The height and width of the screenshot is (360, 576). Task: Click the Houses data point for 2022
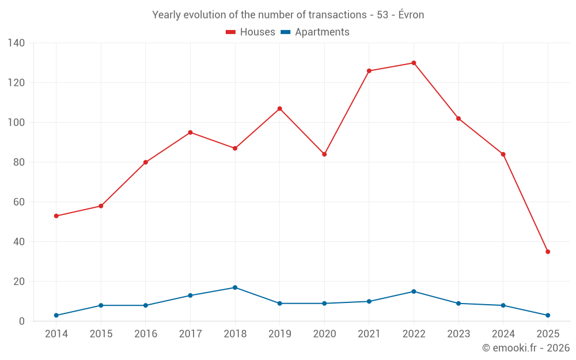pos(414,63)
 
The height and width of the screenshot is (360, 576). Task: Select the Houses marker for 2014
pos(56,216)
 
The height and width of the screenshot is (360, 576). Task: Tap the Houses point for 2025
pos(548,252)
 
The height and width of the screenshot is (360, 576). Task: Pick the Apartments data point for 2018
pos(235,287)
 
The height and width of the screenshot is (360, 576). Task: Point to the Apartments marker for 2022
pos(414,291)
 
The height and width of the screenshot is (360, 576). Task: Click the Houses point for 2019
pos(279,108)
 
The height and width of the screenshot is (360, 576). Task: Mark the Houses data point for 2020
pos(324,154)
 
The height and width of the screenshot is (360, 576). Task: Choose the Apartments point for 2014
pos(56,315)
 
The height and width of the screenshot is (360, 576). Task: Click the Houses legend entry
pos(251,32)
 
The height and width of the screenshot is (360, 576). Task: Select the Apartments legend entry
pos(315,32)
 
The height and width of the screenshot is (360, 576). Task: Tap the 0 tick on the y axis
pos(22,321)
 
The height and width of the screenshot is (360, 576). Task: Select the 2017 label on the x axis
pos(190,334)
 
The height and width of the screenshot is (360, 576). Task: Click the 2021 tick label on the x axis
pos(369,334)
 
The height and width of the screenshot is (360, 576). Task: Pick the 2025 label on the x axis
pos(548,334)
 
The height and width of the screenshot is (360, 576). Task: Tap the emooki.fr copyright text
pos(526,348)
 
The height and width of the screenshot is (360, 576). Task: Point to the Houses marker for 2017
pos(190,132)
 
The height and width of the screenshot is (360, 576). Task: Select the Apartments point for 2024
pos(503,305)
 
